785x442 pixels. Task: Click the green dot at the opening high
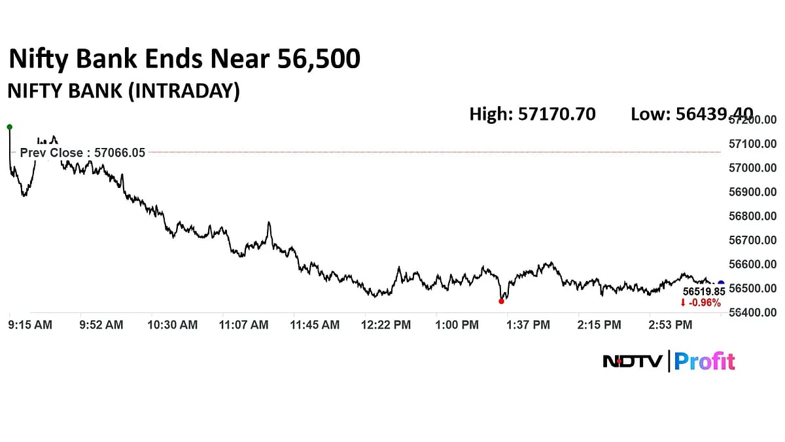(9, 126)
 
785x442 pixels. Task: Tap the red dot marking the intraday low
(502, 301)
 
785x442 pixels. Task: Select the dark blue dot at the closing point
(721, 284)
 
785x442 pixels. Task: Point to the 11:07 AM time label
(243, 325)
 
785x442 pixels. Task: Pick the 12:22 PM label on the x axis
(386, 325)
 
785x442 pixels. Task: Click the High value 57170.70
(557, 114)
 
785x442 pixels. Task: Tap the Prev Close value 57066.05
(120, 153)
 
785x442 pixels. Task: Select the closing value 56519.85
(703, 291)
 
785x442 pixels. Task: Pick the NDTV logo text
(631, 361)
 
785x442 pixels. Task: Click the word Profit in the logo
(705, 361)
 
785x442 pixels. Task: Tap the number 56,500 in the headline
(319, 60)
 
